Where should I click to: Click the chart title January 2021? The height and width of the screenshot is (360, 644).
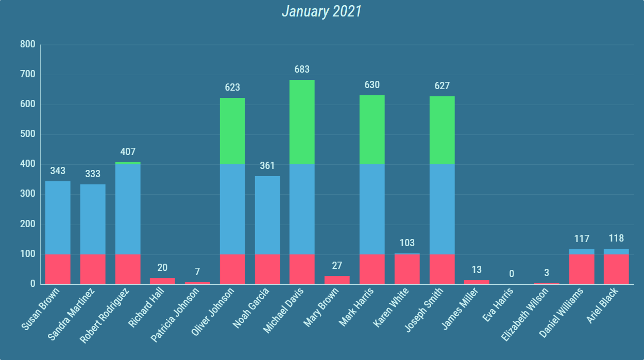coord(321,11)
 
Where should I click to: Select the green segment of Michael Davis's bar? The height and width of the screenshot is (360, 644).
coord(302,122)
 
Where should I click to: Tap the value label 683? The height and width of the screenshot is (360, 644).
coord(302,70)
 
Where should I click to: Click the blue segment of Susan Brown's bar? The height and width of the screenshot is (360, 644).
coord(58,217)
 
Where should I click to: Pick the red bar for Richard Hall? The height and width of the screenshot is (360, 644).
coord(162,281)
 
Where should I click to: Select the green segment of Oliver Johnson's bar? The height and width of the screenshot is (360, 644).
coord(232,131)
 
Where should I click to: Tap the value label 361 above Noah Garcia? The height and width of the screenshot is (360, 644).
coord(267,166)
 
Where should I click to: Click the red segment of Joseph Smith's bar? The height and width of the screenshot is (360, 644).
coord(442,269)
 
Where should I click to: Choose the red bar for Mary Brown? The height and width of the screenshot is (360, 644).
coord(337,280)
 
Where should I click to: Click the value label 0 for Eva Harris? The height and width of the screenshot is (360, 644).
coord(512,273)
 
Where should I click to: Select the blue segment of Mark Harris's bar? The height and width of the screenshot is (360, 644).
coord(372,209)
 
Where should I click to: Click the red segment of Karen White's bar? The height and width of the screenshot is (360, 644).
coord(407,269)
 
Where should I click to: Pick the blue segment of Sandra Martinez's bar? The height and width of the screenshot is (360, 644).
coord(93,219)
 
